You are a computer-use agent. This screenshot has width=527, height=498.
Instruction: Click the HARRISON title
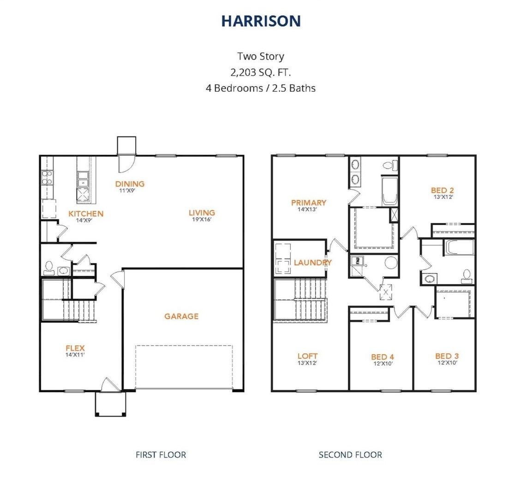[261, 21]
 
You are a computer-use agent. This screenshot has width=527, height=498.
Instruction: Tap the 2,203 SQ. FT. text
[260, 72]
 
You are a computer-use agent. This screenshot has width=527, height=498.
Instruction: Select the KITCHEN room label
[86, 213]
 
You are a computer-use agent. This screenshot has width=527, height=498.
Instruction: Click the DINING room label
[130, 184]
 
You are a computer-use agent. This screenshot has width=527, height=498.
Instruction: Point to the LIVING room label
[202, 213]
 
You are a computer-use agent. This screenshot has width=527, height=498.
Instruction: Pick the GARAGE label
[181, 316]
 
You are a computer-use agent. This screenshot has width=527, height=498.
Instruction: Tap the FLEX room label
[75, 348]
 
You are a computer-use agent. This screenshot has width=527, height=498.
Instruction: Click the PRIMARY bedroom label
[309, 202]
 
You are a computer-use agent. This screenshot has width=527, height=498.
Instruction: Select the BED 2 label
[442, 190]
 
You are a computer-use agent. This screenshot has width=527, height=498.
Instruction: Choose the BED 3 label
[447, 356]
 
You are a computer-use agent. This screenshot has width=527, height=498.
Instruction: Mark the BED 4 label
[383, 356]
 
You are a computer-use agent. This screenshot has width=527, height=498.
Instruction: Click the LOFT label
[307, 356]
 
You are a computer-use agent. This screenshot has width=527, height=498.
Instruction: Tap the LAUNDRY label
[312, 262]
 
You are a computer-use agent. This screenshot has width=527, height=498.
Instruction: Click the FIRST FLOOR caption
[161, 455]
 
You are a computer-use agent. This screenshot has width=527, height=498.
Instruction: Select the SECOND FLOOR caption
[350, 455]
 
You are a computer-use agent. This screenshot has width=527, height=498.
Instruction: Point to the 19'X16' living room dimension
[202, 219]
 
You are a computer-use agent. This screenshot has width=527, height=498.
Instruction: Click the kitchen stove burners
[47, 178]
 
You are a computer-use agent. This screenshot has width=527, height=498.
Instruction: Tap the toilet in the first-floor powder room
[49, 267]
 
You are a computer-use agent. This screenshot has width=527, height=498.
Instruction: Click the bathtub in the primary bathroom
[390, 190]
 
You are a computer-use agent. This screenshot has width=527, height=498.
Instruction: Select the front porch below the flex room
[111, 403]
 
